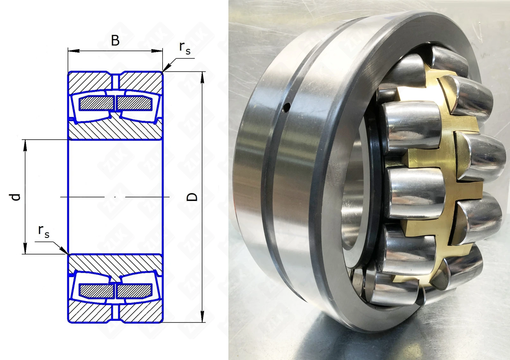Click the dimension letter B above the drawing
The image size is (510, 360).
(x=115, y=40)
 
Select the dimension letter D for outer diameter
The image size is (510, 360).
(x=192, y=197)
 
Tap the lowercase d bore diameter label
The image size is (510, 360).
(x=15, y=197)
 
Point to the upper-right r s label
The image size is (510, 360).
(x=185, y=48)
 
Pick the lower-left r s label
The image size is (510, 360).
(x=44, y=231)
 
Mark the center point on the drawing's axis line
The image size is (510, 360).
(x=115, y=196)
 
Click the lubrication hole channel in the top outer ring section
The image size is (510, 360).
(x=115, y=81)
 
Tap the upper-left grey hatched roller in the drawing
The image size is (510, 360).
(x=97, y=103)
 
